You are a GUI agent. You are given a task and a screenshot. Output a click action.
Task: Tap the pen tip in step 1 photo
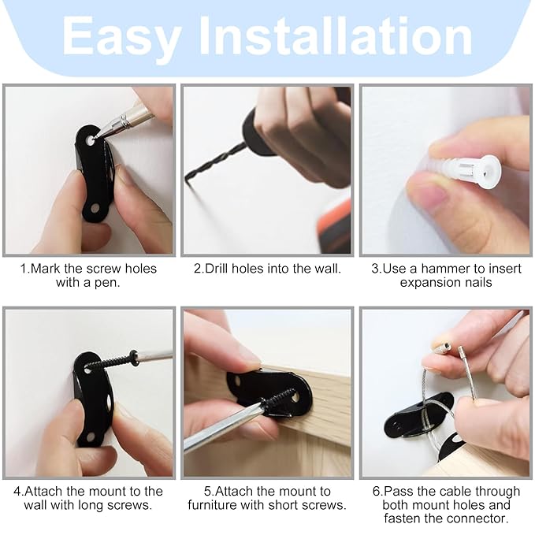[x=98, y=137]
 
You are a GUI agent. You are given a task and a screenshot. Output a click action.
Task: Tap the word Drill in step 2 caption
[x=217, y=269]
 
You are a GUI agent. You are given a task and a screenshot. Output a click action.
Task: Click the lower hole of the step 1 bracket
[x=95, y=207]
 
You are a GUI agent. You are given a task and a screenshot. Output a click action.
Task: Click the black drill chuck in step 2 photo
[x=255, y=132]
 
